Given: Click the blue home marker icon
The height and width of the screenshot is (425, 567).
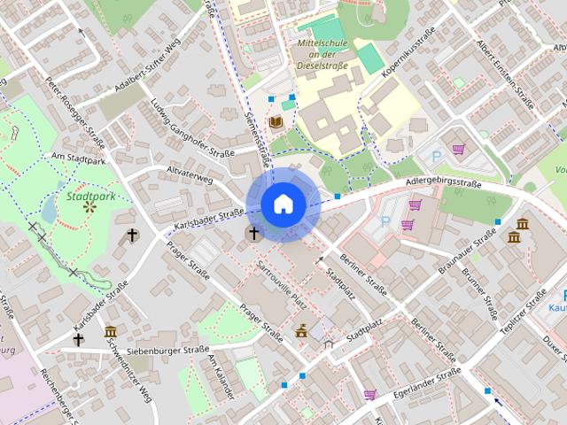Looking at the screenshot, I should (x=283, y=204).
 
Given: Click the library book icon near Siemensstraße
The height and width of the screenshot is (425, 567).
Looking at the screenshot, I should (x=276, y=122).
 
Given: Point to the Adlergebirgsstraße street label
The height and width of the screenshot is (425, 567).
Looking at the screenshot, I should (x=443, y=184).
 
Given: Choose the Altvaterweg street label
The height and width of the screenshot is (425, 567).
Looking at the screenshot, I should (x=190, y=178).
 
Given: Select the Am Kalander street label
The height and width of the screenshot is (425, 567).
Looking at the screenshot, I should (x=221, y=376).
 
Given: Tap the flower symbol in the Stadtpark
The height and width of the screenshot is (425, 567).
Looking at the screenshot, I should (x=89, y=207).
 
